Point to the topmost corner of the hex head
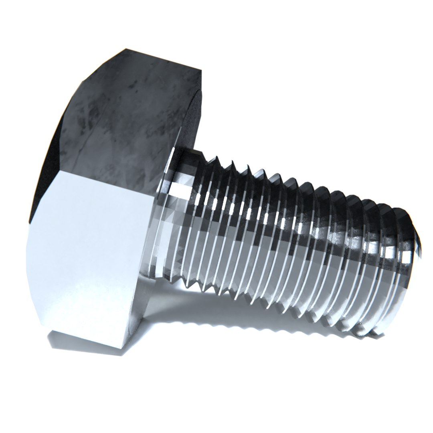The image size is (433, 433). pyautogui.click(x=125, y=49)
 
